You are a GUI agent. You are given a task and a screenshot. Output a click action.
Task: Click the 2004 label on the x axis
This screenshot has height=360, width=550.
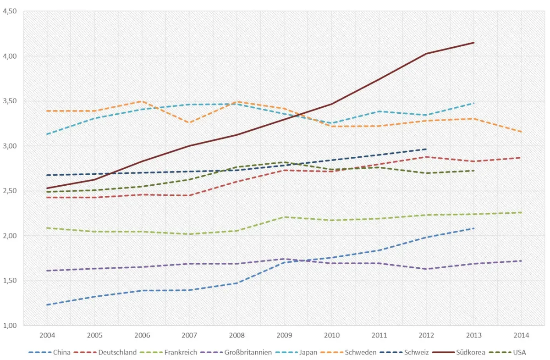point(47,335)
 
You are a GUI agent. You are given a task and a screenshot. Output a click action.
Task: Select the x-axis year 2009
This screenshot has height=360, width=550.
point(284,335)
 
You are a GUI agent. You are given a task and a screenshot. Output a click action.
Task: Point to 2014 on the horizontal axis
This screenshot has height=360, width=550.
point(521,335)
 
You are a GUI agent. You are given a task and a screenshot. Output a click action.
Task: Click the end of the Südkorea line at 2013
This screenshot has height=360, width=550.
point(474,43)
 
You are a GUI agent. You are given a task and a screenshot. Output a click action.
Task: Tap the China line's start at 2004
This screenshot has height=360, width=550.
point(47,305)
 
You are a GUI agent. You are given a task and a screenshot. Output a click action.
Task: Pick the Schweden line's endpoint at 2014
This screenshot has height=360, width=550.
point(521,132)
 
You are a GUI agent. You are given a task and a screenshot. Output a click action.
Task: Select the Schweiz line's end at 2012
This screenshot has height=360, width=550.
point(426,149)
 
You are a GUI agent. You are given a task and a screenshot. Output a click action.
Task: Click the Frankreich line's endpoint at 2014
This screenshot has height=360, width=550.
point(521,212)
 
